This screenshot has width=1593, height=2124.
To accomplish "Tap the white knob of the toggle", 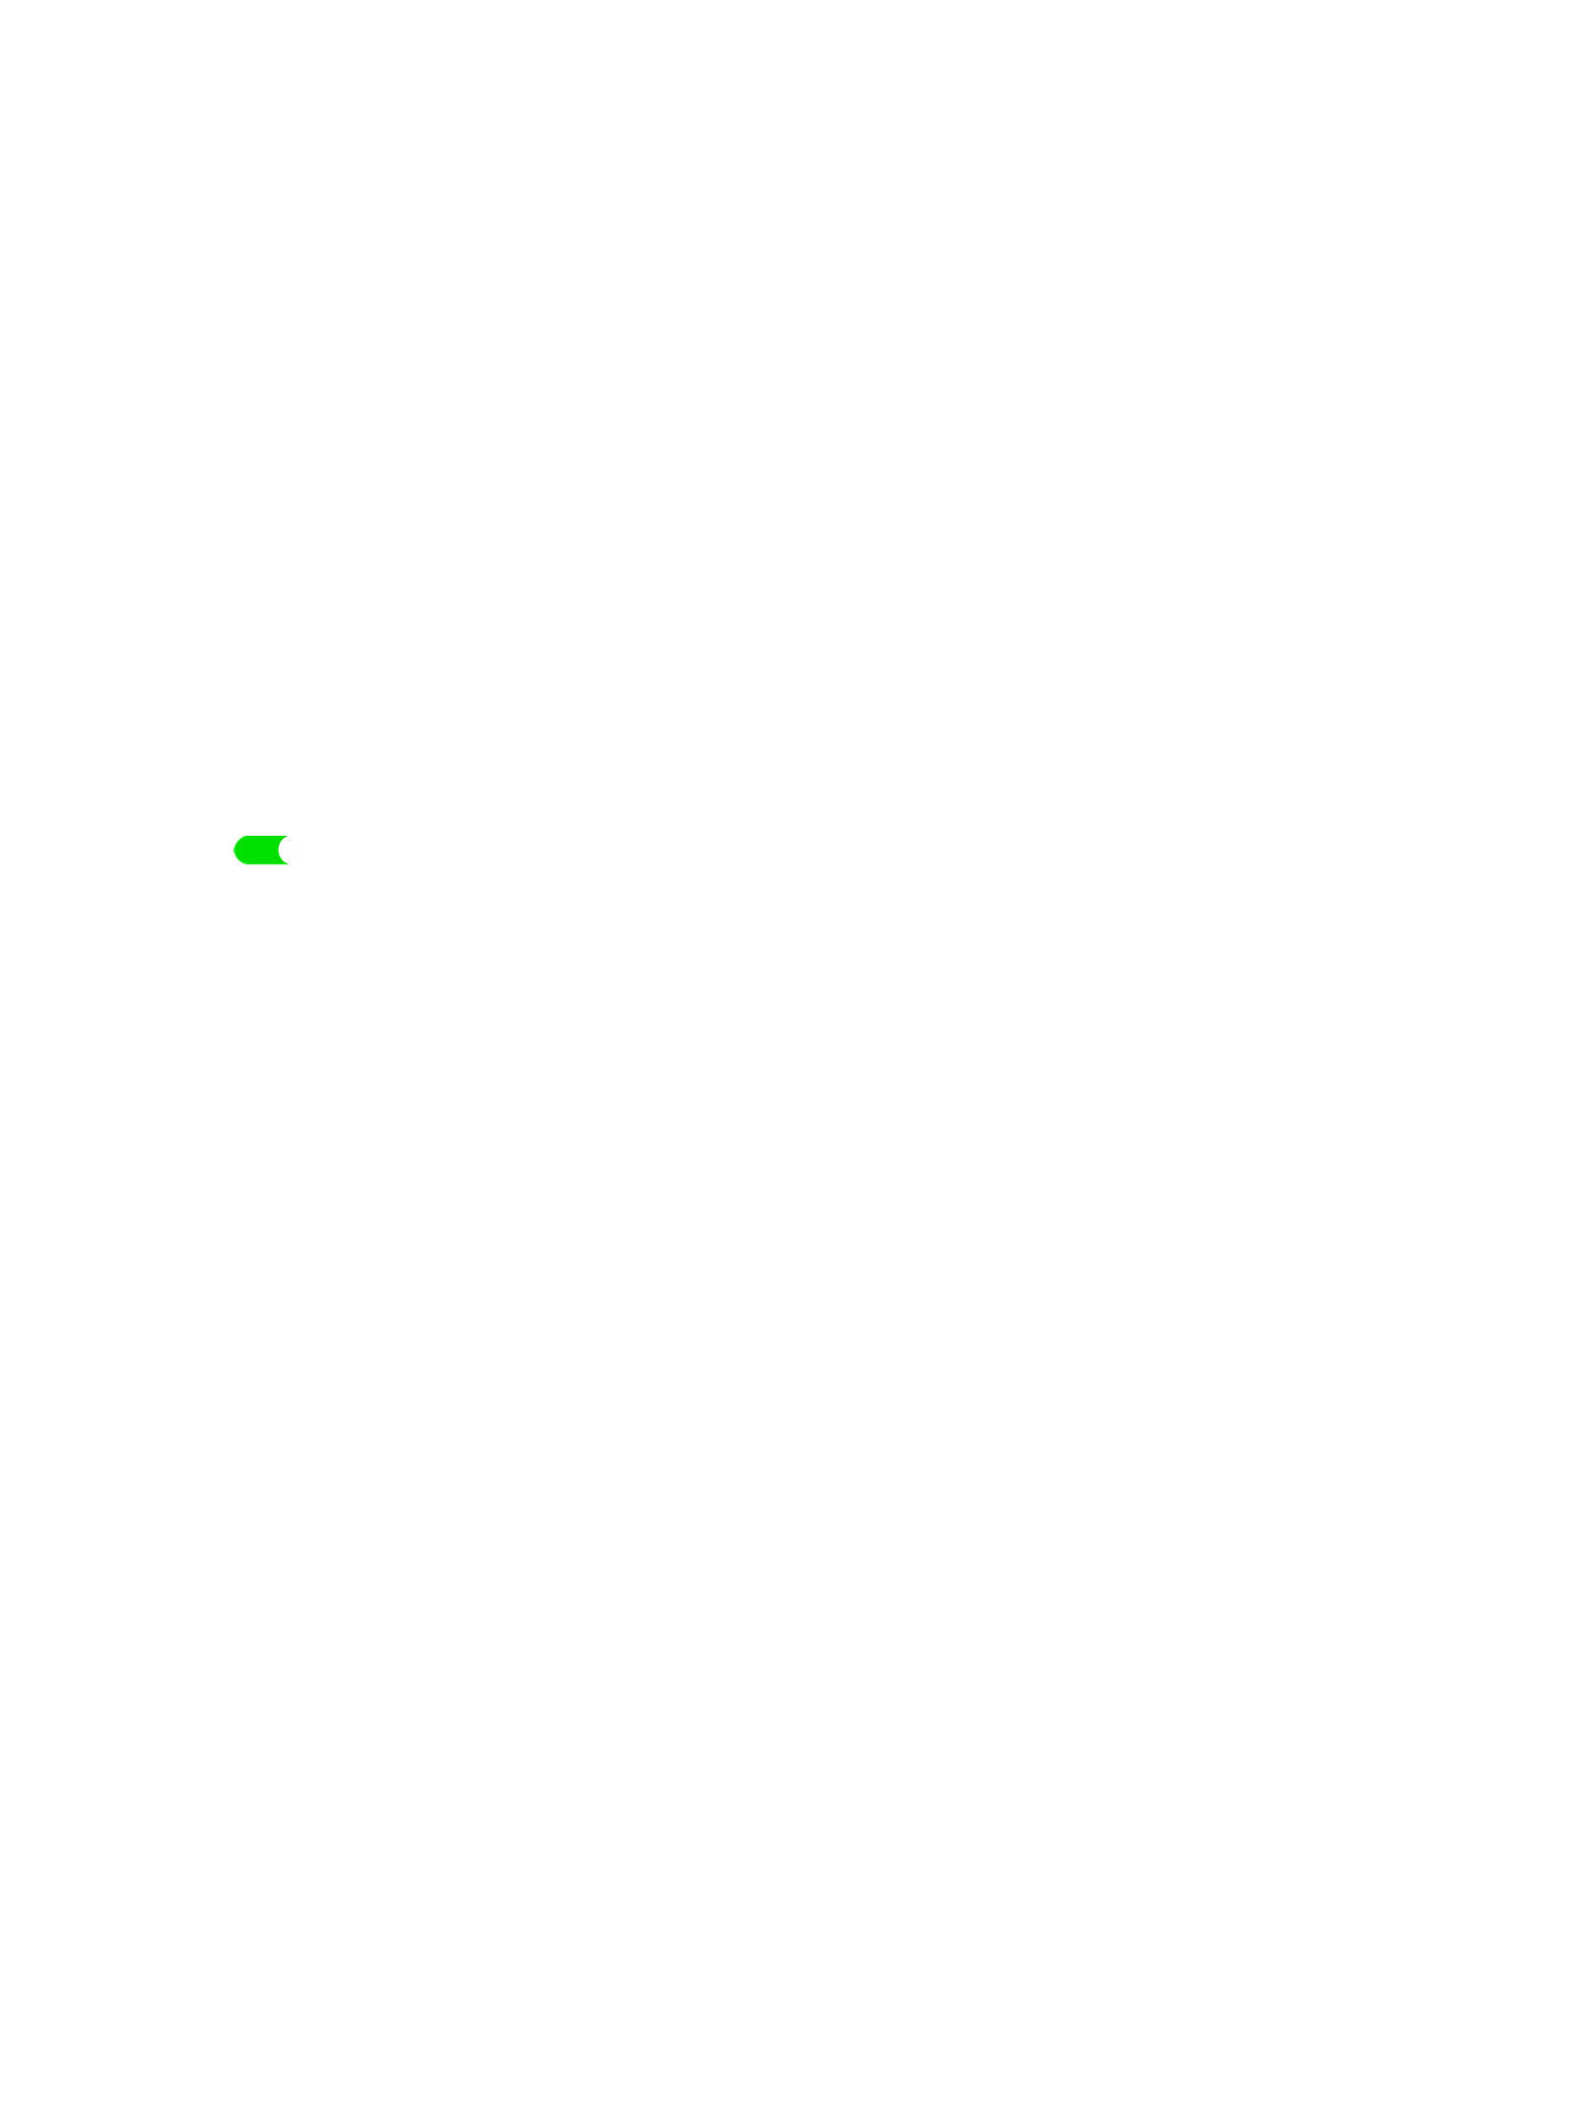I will pos(292,851).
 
